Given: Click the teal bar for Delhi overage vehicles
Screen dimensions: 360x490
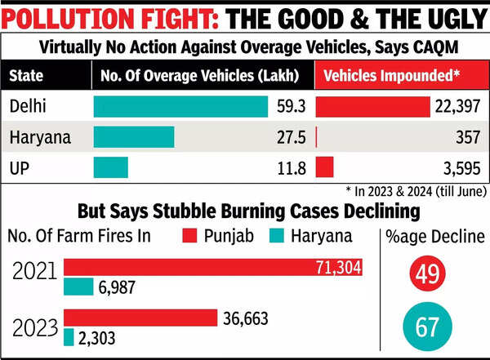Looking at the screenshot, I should [181, 107].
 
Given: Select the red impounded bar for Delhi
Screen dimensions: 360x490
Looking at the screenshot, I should [372, 107].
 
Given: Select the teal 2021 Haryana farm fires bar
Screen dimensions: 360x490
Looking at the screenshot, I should [78, 287].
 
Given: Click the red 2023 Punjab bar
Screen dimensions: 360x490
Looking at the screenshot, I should [140, 318].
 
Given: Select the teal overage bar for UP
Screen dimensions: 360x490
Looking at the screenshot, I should [111, 167].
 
